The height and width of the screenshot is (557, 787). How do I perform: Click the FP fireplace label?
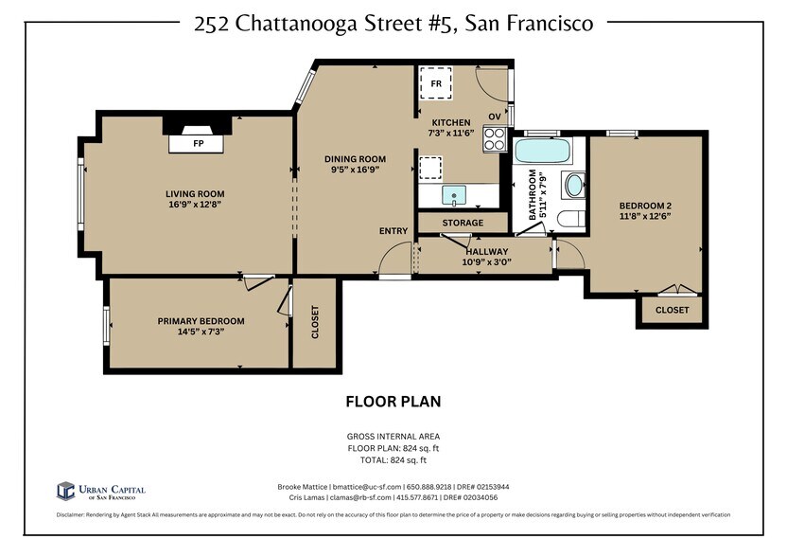pos(199,144)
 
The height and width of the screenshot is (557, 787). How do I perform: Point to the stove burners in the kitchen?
pos(495,139)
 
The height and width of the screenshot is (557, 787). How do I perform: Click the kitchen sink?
pos(456,197)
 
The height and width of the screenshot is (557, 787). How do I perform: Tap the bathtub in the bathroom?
pos(542,152)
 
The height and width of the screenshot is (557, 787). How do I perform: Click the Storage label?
pos(463,223)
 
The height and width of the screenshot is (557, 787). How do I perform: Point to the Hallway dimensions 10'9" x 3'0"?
pos(486,262)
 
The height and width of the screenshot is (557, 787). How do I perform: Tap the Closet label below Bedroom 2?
pos(672,310)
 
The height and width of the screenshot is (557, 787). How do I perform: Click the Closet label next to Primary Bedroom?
pos(315,323)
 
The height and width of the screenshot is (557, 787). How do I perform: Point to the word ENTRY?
pos(393,231)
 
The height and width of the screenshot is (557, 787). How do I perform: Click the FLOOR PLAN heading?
pos(393,402)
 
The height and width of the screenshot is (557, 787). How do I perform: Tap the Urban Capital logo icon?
pos(66,490)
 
